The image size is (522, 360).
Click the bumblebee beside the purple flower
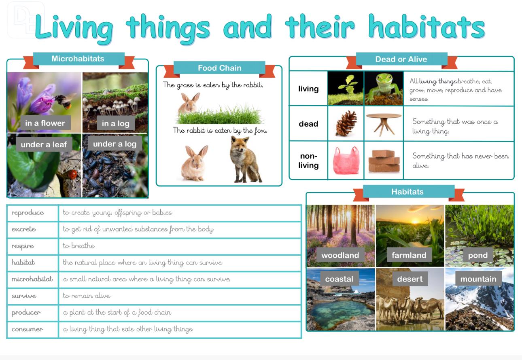pyautogui.click(x=64, y=101)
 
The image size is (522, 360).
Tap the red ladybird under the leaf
pyautogui.click(x=72, y=174)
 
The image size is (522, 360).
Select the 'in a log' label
pyautogui.click(x=116, y=123)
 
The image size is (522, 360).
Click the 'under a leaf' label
pyautogui.click(x=44, y=144)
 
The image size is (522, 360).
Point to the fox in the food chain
pyautogui.click(x=245, y=160)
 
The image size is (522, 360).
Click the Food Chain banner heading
pyautogui.click(x=219, y=68)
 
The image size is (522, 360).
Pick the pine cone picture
pyautogui.click(x=346, y=123)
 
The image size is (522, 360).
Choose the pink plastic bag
pyautogui.click(x=346, y=160)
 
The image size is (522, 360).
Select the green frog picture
pyautogui.click(x=384, y=89)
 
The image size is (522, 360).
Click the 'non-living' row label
pyautogui.click(x=308, y=161)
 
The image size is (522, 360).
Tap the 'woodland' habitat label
pyautogui.click(x=340, y=255)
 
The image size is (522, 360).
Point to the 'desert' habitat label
pyautogui.click(x=410, y=279)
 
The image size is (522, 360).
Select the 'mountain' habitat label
pyautogui.click(x=478, y=279)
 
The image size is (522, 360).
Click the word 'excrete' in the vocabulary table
pyautogui.click(x=24, y=229)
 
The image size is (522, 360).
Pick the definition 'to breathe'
pyautogui.click(x=79, y=246)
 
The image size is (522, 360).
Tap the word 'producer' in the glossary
pyautogui.click(x=26, y=312)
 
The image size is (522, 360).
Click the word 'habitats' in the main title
pyautogui.click(x=427, y=27)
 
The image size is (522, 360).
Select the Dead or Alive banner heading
pyautogui.click(x=401, y=59)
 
